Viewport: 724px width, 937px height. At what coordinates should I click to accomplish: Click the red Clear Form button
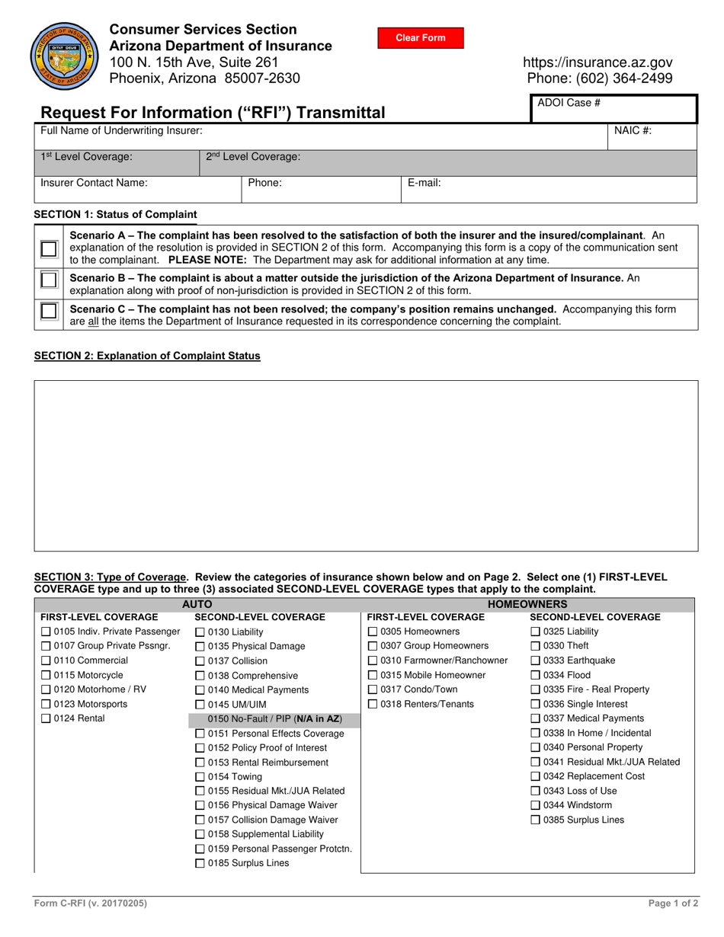click(x=420, y=38)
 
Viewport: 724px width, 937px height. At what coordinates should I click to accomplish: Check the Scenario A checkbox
click(x=49, y=248)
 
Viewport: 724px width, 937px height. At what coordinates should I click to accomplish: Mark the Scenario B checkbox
click(x=49, y=280)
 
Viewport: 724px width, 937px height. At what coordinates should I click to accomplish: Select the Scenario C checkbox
click(x=49, y=311)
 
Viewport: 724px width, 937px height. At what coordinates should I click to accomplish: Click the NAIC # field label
click(x=633, y=130)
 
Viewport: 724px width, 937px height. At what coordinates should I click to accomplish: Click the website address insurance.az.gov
click(x=597, y=62)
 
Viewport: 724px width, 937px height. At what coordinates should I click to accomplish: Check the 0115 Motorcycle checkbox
click(x=46, y=675)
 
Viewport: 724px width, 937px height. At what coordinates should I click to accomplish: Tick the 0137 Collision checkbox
click(x=200, y=661)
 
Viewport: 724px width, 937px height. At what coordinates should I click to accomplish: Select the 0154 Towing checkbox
click(x=200, y=777)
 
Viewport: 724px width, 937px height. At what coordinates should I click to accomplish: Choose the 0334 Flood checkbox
click(x=535, y=675)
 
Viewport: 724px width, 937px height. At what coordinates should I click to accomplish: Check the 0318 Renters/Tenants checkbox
click(x=373, y=704)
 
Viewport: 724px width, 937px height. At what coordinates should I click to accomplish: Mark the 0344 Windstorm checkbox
click(x=535, y=805)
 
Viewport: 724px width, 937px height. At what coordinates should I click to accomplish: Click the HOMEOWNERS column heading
click(x=527, y=604)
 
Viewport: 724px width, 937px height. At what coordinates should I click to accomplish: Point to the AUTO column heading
click(x=197, y=604)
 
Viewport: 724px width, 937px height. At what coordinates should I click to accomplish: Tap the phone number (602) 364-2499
click(x=600, y=78)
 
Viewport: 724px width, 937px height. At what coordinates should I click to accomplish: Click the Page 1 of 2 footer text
click(x=673, y=903)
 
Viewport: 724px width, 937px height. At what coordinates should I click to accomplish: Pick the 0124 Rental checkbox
click(x=46, y=718)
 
